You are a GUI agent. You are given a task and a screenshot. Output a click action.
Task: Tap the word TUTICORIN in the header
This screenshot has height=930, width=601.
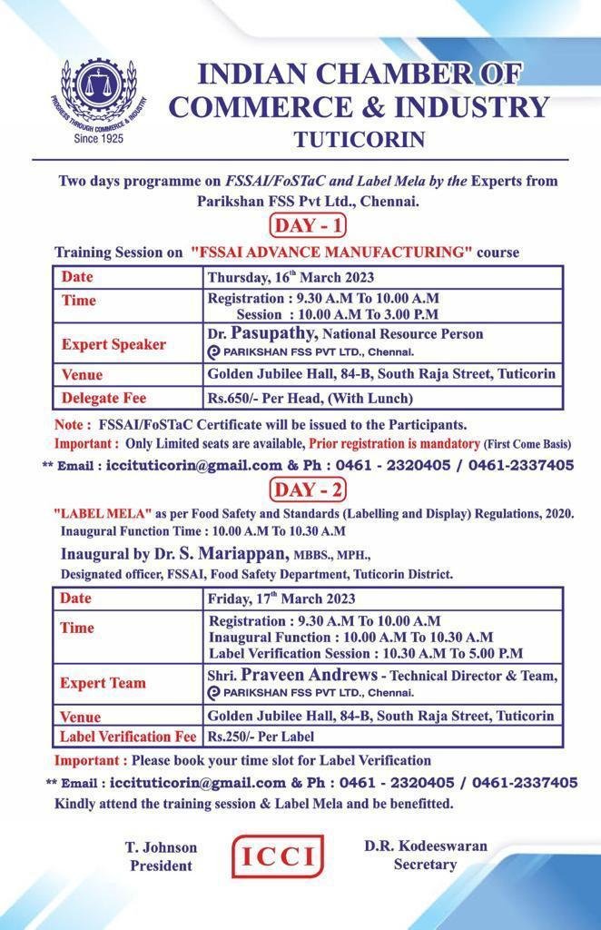(359, 139)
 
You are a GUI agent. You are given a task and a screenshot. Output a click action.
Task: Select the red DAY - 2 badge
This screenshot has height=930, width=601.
(308, 490)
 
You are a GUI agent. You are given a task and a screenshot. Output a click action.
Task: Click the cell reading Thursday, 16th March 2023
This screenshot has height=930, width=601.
(291, 277)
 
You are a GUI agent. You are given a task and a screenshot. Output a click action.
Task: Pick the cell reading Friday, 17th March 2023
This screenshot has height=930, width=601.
(281, 599)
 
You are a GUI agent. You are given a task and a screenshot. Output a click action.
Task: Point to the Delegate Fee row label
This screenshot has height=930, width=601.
(103, 398)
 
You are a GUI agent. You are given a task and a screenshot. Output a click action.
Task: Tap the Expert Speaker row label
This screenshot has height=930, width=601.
(113, 345)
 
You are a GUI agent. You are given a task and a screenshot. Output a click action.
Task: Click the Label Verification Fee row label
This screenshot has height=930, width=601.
(128, 737)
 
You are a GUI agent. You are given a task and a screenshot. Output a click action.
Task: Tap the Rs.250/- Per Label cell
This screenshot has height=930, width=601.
(261, 737)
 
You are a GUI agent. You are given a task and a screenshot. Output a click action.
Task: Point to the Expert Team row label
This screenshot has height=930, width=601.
(103, 683)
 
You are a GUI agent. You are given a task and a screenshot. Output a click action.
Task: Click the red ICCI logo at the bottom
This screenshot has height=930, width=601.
(278, 856)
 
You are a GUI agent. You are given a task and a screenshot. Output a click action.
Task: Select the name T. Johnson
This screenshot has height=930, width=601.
(161, 847)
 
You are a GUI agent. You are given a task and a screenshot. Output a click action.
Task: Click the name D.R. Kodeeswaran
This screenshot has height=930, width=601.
(426, 846)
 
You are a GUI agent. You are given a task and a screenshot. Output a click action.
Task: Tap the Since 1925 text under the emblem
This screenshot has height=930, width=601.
(98, 139)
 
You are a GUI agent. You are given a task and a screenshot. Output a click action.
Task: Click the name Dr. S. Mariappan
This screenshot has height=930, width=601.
(240, 553)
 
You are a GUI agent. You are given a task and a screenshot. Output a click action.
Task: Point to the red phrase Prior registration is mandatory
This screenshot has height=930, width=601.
(394, 444)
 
